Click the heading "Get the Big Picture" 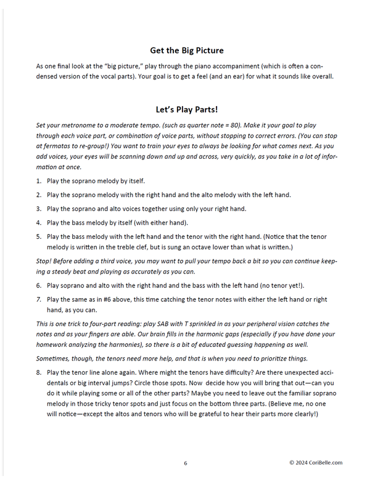point(187,50)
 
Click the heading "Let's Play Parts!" point(186,110)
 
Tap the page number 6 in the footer point(185,463)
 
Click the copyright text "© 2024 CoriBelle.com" point(315,463)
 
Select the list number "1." point(39,181)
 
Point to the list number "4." point(39,223)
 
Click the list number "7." point(39,299)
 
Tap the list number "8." point(39,372)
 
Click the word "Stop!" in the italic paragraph point(46,261)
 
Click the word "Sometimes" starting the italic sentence point(56,359)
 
